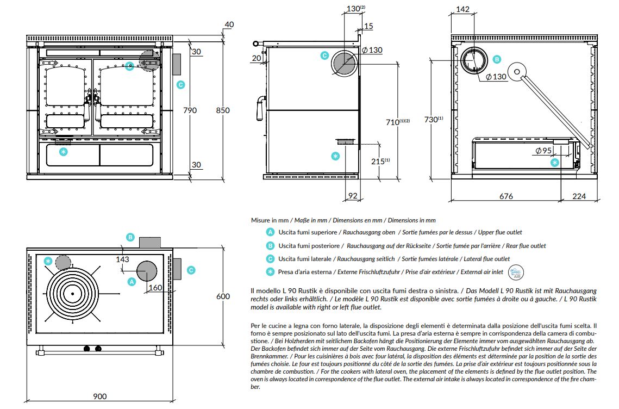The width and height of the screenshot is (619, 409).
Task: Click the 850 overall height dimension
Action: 223,110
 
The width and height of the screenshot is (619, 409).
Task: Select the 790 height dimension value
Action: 190,110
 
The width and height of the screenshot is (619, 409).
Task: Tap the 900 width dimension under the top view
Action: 100,396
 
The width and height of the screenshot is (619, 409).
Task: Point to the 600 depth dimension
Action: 223,296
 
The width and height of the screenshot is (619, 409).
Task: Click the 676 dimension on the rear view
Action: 506,196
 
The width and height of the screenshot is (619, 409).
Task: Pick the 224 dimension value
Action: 579,196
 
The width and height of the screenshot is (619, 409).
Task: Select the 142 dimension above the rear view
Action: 462,9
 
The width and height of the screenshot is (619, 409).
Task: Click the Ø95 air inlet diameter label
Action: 543,151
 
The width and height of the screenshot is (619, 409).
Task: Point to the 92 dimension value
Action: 353,196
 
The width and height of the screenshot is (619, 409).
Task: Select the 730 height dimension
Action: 433,119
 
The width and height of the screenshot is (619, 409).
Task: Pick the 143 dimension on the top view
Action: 122,259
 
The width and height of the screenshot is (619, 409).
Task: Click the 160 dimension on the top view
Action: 155,288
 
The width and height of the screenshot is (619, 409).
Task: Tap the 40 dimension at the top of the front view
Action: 229,24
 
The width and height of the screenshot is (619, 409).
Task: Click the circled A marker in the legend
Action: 271,232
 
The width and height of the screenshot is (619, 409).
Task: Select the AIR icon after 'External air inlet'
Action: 516,272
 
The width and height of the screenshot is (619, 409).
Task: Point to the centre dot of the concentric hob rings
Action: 72,294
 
